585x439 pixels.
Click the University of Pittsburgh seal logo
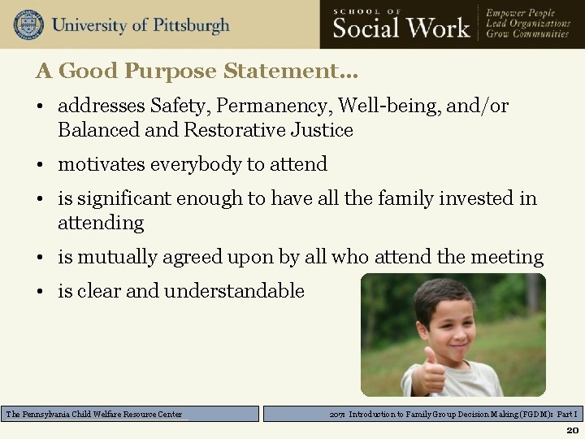[28, 24]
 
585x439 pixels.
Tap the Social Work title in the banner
[401, 28]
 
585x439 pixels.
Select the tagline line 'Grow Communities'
[527, 35]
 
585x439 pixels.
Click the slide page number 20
[572, 430]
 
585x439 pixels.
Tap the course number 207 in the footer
[337, 414]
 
